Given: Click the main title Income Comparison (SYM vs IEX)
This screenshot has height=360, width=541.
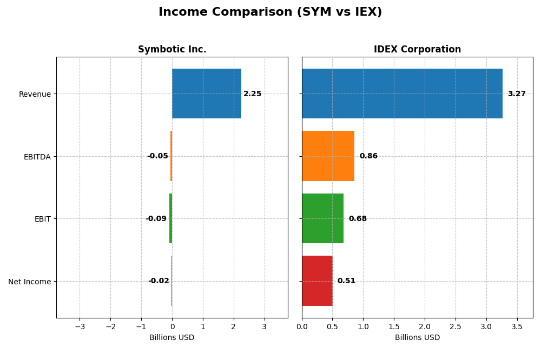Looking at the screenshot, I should [x=270, y=12].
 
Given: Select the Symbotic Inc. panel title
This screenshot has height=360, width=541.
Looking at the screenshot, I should [x=172, y=49].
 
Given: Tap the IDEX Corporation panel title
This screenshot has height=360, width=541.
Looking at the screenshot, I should [x=417, y=49].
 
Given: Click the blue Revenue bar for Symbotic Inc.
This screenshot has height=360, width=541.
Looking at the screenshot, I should [x=207, y=94].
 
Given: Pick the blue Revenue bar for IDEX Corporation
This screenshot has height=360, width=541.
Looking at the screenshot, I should [x=402, y=94].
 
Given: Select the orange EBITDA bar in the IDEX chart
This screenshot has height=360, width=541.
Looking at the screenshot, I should [x=328, y=156].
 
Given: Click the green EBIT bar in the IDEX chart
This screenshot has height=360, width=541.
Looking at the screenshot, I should [x=322, y=218].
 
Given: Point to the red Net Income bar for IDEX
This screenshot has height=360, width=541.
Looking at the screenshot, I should [x=317, y=281].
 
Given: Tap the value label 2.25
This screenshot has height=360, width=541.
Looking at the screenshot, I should [x=252, y=94].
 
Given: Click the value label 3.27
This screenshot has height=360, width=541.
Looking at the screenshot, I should [x=516, y=94].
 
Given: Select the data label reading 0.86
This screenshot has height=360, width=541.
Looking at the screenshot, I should [x=368, y=156].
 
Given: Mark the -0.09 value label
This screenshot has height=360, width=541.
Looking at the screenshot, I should [x=156, y=219].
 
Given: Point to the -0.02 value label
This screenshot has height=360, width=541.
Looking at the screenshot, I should [x=159, y=281].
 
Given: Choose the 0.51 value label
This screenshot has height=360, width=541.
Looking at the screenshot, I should [x=346, y=281].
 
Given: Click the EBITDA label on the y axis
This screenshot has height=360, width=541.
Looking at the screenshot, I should [x=37, y=157].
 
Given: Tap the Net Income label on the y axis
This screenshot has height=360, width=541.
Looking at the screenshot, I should [x=30, y=282].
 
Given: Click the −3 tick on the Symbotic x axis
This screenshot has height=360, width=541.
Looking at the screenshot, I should [x=80, y=326].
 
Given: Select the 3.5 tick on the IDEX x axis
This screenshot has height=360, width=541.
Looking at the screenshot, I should [x=517, y=326].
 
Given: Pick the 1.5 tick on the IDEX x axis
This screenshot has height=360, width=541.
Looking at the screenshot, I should [x=394, y=326].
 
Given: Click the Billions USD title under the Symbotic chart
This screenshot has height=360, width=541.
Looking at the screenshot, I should [x=172, y=338].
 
